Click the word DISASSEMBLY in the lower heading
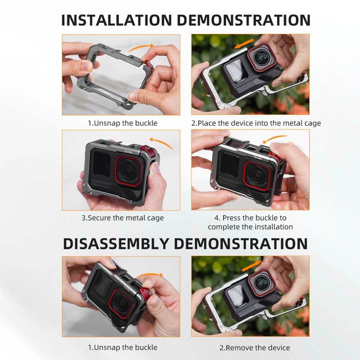(x=117, y=244)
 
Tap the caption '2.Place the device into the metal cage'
(x=256, y=123)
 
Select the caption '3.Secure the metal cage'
(x=123, y=218)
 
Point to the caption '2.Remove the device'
(x=255, y=348)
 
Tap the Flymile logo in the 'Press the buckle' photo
(x=258, y=157)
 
